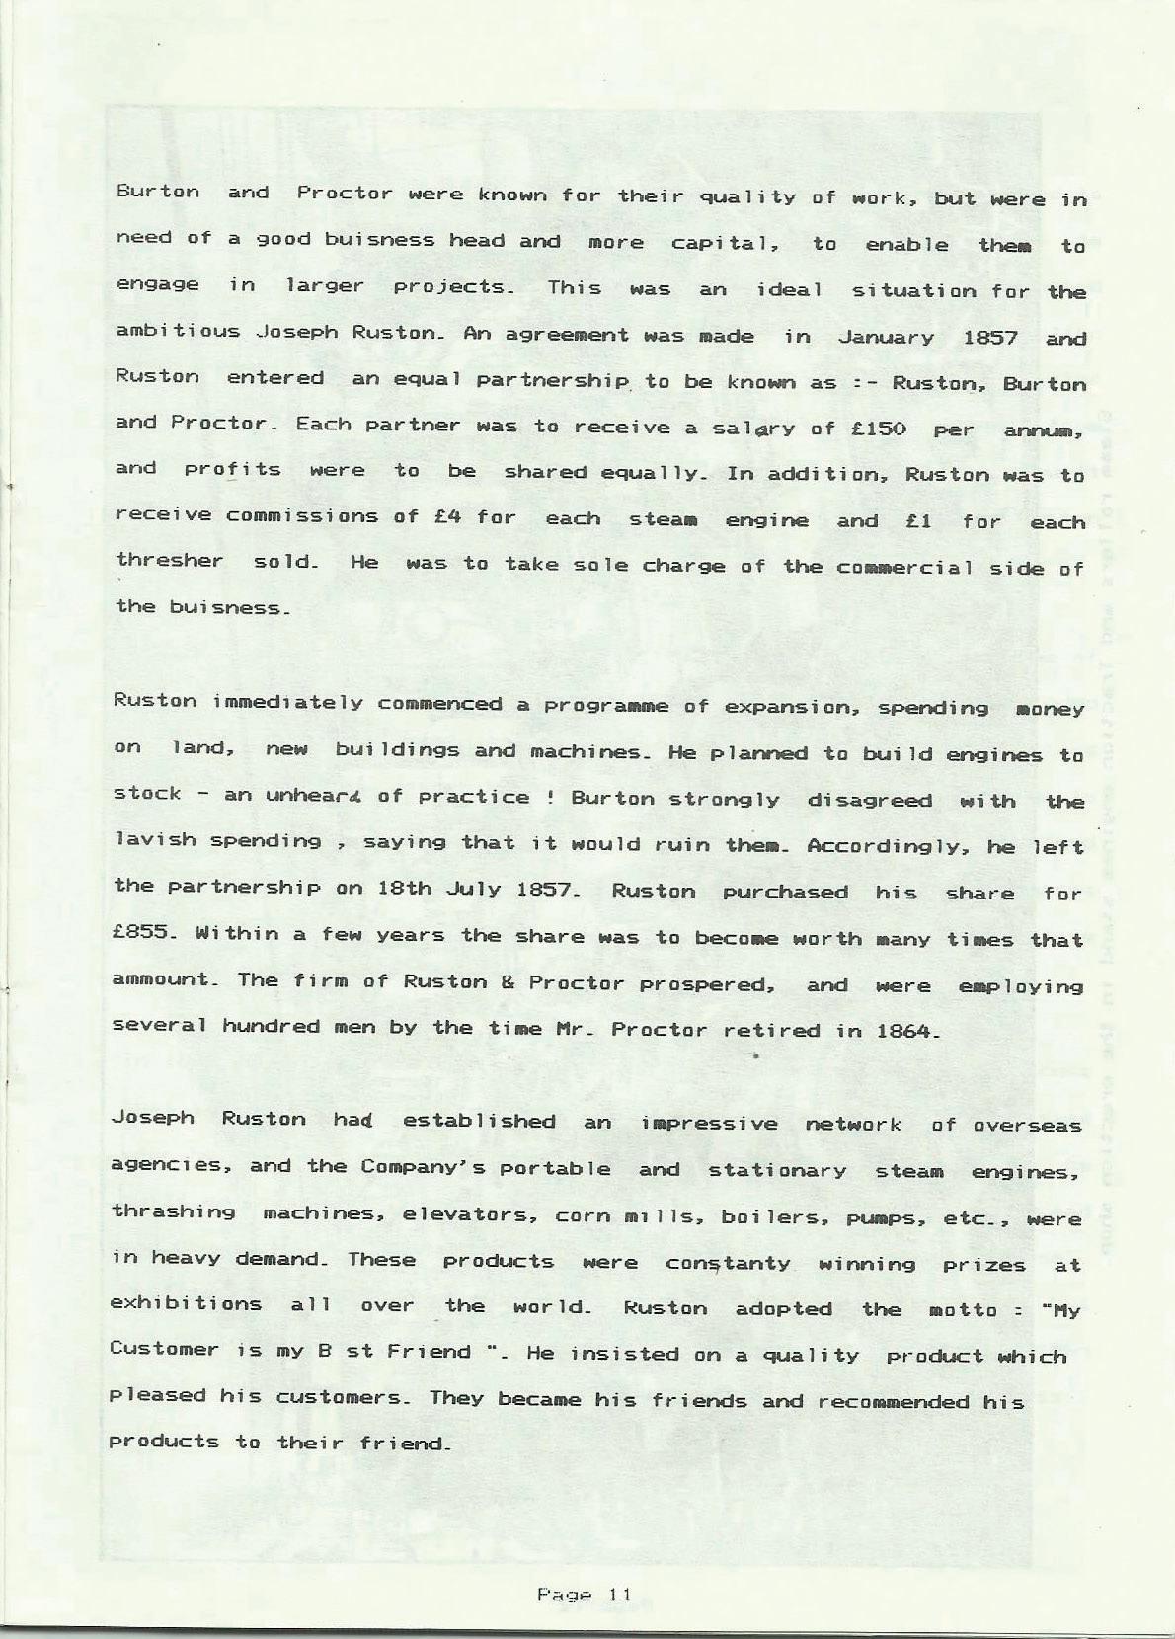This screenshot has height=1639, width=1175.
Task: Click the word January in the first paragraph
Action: [886, 338]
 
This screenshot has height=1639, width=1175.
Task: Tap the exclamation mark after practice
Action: [549, 798]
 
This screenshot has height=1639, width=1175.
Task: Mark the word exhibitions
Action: [186, 1303]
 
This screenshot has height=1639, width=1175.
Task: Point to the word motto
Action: [963, 1310]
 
